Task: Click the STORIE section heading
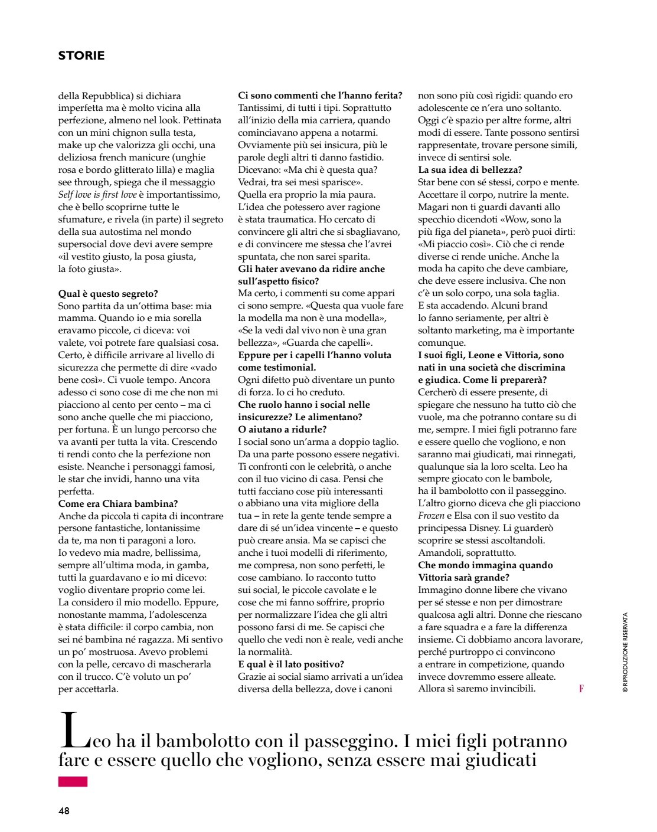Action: coord(81,55)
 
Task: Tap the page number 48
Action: coord(64,811)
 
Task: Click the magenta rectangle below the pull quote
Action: coord(73,782)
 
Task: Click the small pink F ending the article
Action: coord(581,689)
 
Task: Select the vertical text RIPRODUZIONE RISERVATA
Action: coord(625,652)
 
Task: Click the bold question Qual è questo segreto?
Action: coord(108,294)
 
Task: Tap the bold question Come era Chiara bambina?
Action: coord(118,504)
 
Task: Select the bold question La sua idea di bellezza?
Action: coord(470,170)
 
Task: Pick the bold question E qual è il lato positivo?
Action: coord(291,664)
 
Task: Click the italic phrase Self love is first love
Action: coord(97,195)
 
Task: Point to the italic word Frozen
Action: coord(431,516)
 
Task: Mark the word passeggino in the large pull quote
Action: coord(353,741)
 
